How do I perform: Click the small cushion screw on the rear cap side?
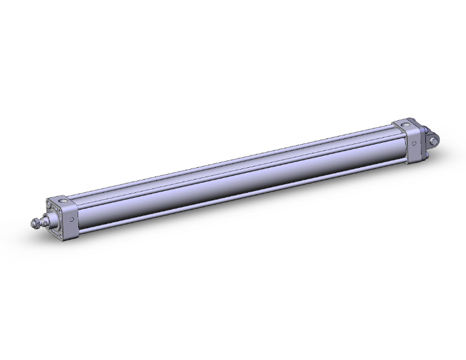click(x=414, y=145)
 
